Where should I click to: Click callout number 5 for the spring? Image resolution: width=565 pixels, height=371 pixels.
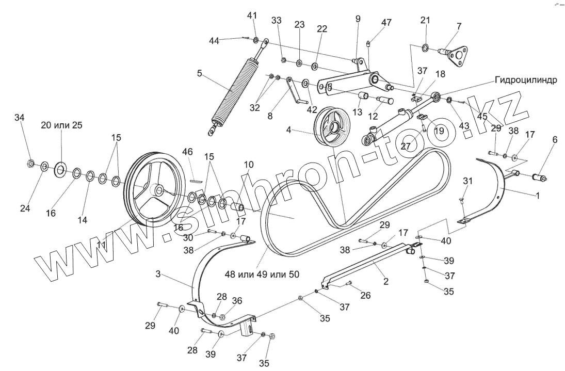click(x=199, y=73)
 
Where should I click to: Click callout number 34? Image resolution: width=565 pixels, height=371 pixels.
click(x=20, y=118)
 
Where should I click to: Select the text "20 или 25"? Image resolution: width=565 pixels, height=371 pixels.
click(x=62, y=125)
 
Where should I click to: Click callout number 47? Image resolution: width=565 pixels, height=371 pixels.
click(x=386, y=22)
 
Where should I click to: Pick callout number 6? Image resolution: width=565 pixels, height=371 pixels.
click(x=555, y=139)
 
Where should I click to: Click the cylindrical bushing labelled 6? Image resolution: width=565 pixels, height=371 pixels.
click(x=540, y=178)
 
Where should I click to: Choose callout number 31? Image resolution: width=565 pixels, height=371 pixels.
click(x=467, y=181)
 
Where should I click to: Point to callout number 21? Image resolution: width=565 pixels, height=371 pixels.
click(x=425, y=20)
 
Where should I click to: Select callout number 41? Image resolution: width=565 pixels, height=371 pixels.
click(x=252, y=15)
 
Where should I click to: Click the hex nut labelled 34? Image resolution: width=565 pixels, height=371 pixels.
click(x=30, y=164)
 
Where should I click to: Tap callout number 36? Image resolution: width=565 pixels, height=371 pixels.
click(x=237, y=301)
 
